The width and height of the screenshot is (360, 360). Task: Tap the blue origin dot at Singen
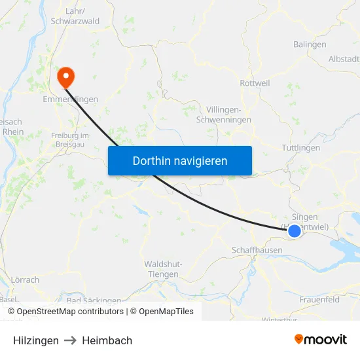click(x=295, y=230)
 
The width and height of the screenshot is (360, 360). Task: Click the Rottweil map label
click(x=255, y=83)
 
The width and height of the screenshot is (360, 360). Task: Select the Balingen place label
click(x=310, y=45)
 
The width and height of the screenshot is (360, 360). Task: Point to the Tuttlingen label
click(x=300, y=148)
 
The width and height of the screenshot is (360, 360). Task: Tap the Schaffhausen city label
click(x=257, y=250)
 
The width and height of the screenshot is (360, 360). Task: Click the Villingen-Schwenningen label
click(x=224, y=115)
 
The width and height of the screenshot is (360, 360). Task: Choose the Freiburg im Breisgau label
click(x=70, y=139)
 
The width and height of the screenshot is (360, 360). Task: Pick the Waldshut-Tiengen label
click(x=164, y=269)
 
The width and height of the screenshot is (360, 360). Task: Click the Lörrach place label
click(x=25, y=279)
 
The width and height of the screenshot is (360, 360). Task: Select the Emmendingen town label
click(x=70, y=99)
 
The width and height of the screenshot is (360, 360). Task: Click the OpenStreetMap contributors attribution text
click(x=70, y=312)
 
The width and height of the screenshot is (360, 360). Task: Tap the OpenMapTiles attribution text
click(x=166, y=312)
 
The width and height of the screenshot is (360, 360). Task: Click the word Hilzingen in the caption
click(x=36, y=340)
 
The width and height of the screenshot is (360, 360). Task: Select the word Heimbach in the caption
click(x=107, y=340)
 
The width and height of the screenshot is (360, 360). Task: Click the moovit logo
click(x=320, y=339)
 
